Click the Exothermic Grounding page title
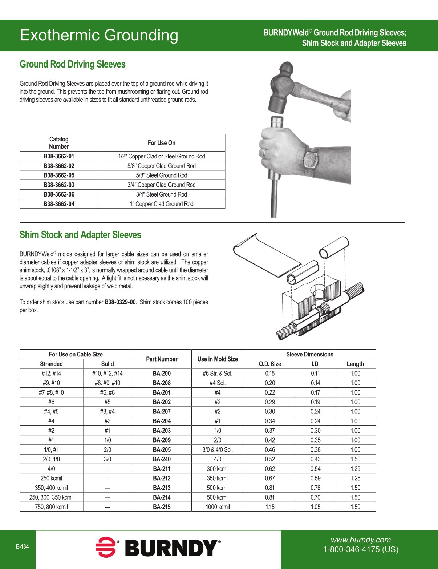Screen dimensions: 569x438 point(99,35)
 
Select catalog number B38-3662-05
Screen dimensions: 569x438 point(59,175)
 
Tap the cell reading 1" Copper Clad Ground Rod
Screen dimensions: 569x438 point(162,204)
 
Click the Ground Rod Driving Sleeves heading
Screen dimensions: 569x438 point(72,64)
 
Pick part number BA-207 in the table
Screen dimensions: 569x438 point(162,412)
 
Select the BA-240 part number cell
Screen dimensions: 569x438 point(162,459)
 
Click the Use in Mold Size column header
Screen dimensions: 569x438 point(218,359)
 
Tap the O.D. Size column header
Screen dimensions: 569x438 point(270,364)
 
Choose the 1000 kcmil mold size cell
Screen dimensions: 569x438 point(218,507)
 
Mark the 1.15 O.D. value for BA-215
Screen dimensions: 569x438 point(270,507)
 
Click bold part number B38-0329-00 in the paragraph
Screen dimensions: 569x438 point(120,302)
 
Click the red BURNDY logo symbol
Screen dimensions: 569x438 point(106,547)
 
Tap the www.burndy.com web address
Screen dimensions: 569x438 point(361,540)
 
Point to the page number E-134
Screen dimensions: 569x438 point(22,546)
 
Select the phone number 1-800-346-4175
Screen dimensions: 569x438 point(361,549)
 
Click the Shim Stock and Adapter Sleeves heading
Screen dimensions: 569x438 point(80,235)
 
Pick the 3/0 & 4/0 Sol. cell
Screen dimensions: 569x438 point(218,450)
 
